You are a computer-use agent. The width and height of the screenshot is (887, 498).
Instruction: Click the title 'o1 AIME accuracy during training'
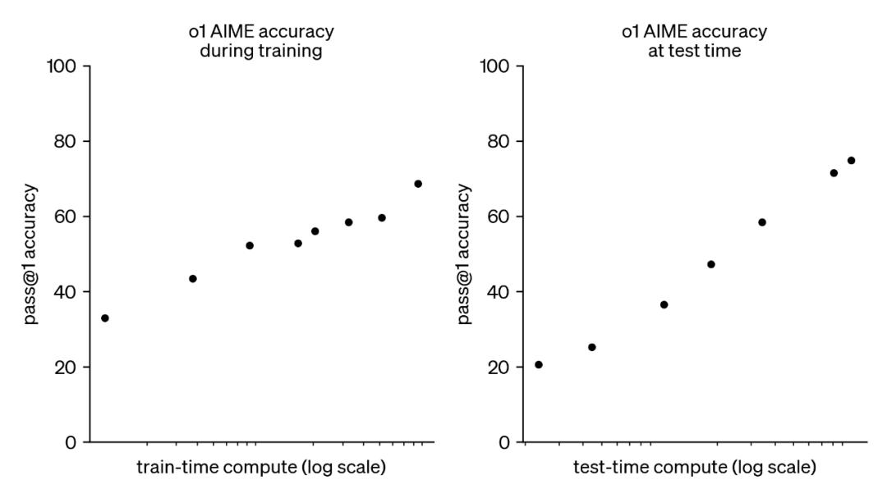261,41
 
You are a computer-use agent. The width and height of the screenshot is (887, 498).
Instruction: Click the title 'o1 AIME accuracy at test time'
695,41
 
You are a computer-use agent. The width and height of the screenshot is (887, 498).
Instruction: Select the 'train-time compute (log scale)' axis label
261,468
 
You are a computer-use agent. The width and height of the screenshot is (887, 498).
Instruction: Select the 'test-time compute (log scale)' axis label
695,468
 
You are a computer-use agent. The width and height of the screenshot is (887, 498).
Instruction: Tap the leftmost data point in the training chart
105,318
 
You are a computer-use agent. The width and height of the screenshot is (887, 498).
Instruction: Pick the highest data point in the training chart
418,184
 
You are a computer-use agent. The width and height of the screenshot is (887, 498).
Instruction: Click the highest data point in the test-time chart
851,161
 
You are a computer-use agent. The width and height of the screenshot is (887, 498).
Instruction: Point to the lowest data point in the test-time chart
539,364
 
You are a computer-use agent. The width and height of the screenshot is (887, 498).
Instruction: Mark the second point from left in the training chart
193,279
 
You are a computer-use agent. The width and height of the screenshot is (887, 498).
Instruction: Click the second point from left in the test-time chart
592,347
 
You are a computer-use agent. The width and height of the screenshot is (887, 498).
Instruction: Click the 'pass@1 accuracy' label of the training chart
30,254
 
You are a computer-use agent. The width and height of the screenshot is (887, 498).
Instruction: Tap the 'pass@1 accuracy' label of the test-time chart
464,254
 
